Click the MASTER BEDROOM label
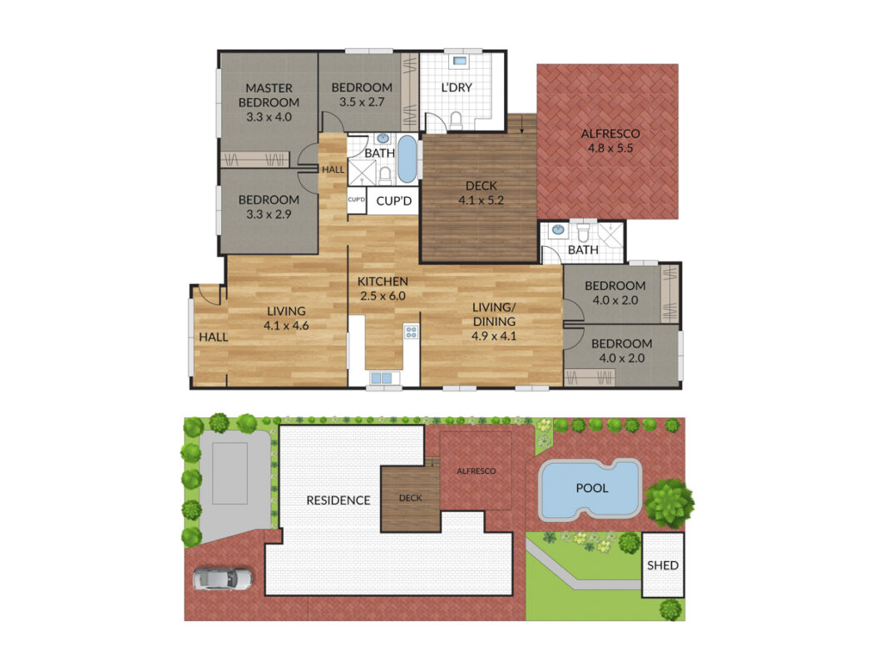tap(269, 96)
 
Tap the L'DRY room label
tap(457, 87)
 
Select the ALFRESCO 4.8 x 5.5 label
tap(610, 140)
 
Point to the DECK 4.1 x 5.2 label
tap(481, 193)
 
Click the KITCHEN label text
tap(383, 281)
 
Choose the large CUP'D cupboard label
tap(394, 200)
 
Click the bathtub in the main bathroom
tap(407, 159)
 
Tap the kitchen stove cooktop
tap(412, 332)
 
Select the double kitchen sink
tap(382, 378)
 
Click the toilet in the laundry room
tap(457, 121)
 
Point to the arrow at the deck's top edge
tap(522, 124)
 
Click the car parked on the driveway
tap(223, 579)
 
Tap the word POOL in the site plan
tap(592, 488)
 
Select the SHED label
tap(663, 565)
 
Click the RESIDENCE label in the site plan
tap(338, 500)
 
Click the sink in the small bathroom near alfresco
tap(558, 229)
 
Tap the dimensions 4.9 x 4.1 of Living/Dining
tap(494, 336)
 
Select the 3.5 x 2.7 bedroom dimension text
tap(362, 102)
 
